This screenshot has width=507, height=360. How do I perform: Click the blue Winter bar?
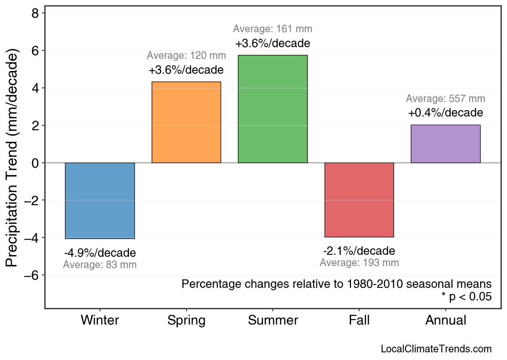point(100,200)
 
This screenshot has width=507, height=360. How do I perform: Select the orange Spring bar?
point(186,123)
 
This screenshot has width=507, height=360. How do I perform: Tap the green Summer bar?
point(273,109)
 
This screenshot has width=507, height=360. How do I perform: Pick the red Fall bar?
point(359,200)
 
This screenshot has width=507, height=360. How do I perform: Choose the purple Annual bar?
point(446,144)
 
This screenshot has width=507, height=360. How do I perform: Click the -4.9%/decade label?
point(100,253)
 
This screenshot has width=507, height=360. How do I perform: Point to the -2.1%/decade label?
point(359,251)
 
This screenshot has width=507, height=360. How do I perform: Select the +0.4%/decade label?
point(445,112)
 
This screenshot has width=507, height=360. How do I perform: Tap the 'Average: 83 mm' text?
point(100,265)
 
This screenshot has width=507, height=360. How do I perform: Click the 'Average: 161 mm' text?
point(273,29)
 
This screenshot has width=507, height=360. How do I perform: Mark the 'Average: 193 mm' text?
point(359,263)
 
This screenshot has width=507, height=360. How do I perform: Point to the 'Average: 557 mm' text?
point(445,99)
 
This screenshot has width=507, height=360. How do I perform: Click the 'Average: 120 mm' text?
point(186,56)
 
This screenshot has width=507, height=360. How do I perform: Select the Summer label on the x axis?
point(273,320)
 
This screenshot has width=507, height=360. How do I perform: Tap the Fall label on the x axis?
point(359,320)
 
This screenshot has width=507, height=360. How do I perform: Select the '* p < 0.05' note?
point(467,297)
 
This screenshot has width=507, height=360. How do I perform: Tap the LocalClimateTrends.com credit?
point(436,349)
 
